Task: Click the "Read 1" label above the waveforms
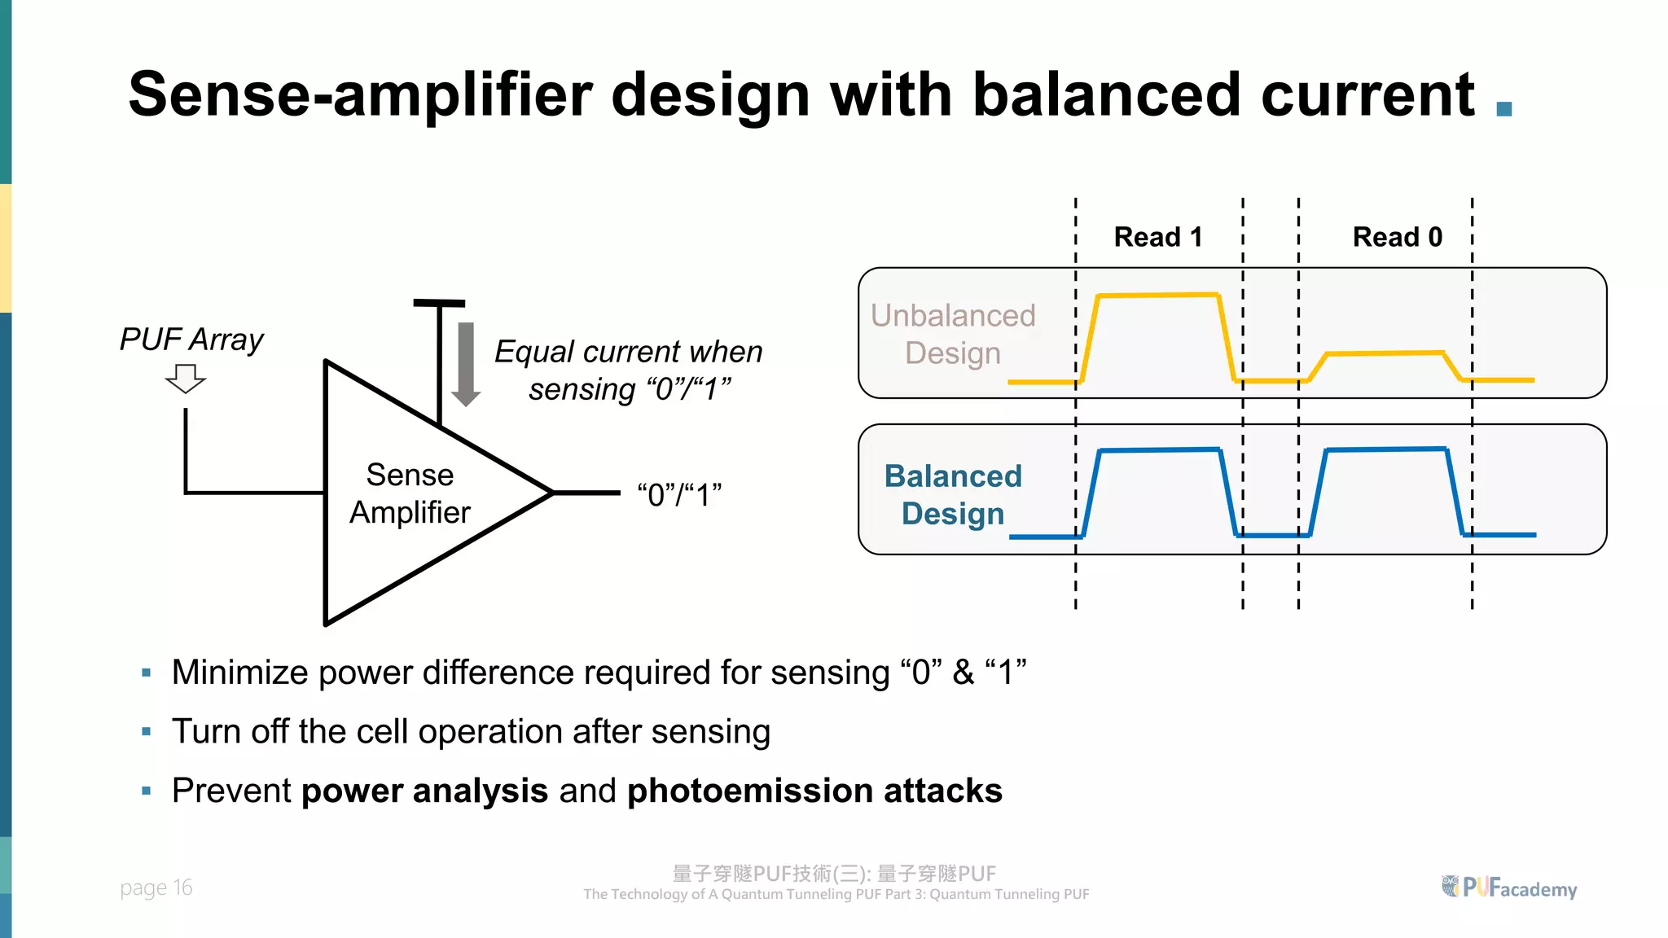1157,237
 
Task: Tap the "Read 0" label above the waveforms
1397,237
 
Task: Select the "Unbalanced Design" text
953,334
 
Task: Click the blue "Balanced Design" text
953,494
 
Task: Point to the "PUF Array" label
191,340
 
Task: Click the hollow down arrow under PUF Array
186,379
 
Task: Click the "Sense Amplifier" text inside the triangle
410,493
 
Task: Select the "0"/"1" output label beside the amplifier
679,494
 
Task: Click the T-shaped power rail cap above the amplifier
439,304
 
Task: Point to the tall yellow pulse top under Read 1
1158,295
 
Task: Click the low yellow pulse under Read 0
1385,353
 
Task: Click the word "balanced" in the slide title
1107,94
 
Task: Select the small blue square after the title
1504,108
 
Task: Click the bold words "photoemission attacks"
814,791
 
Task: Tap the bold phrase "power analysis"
424,791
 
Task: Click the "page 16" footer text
156,888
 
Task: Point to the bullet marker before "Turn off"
147,732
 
